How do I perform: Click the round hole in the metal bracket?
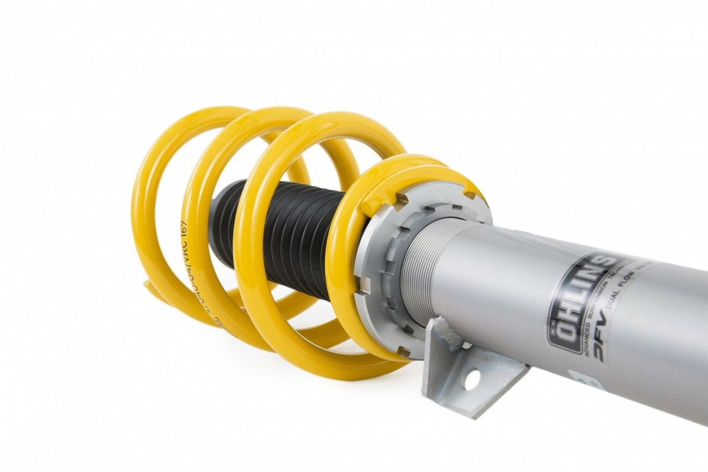coord(472,380)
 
